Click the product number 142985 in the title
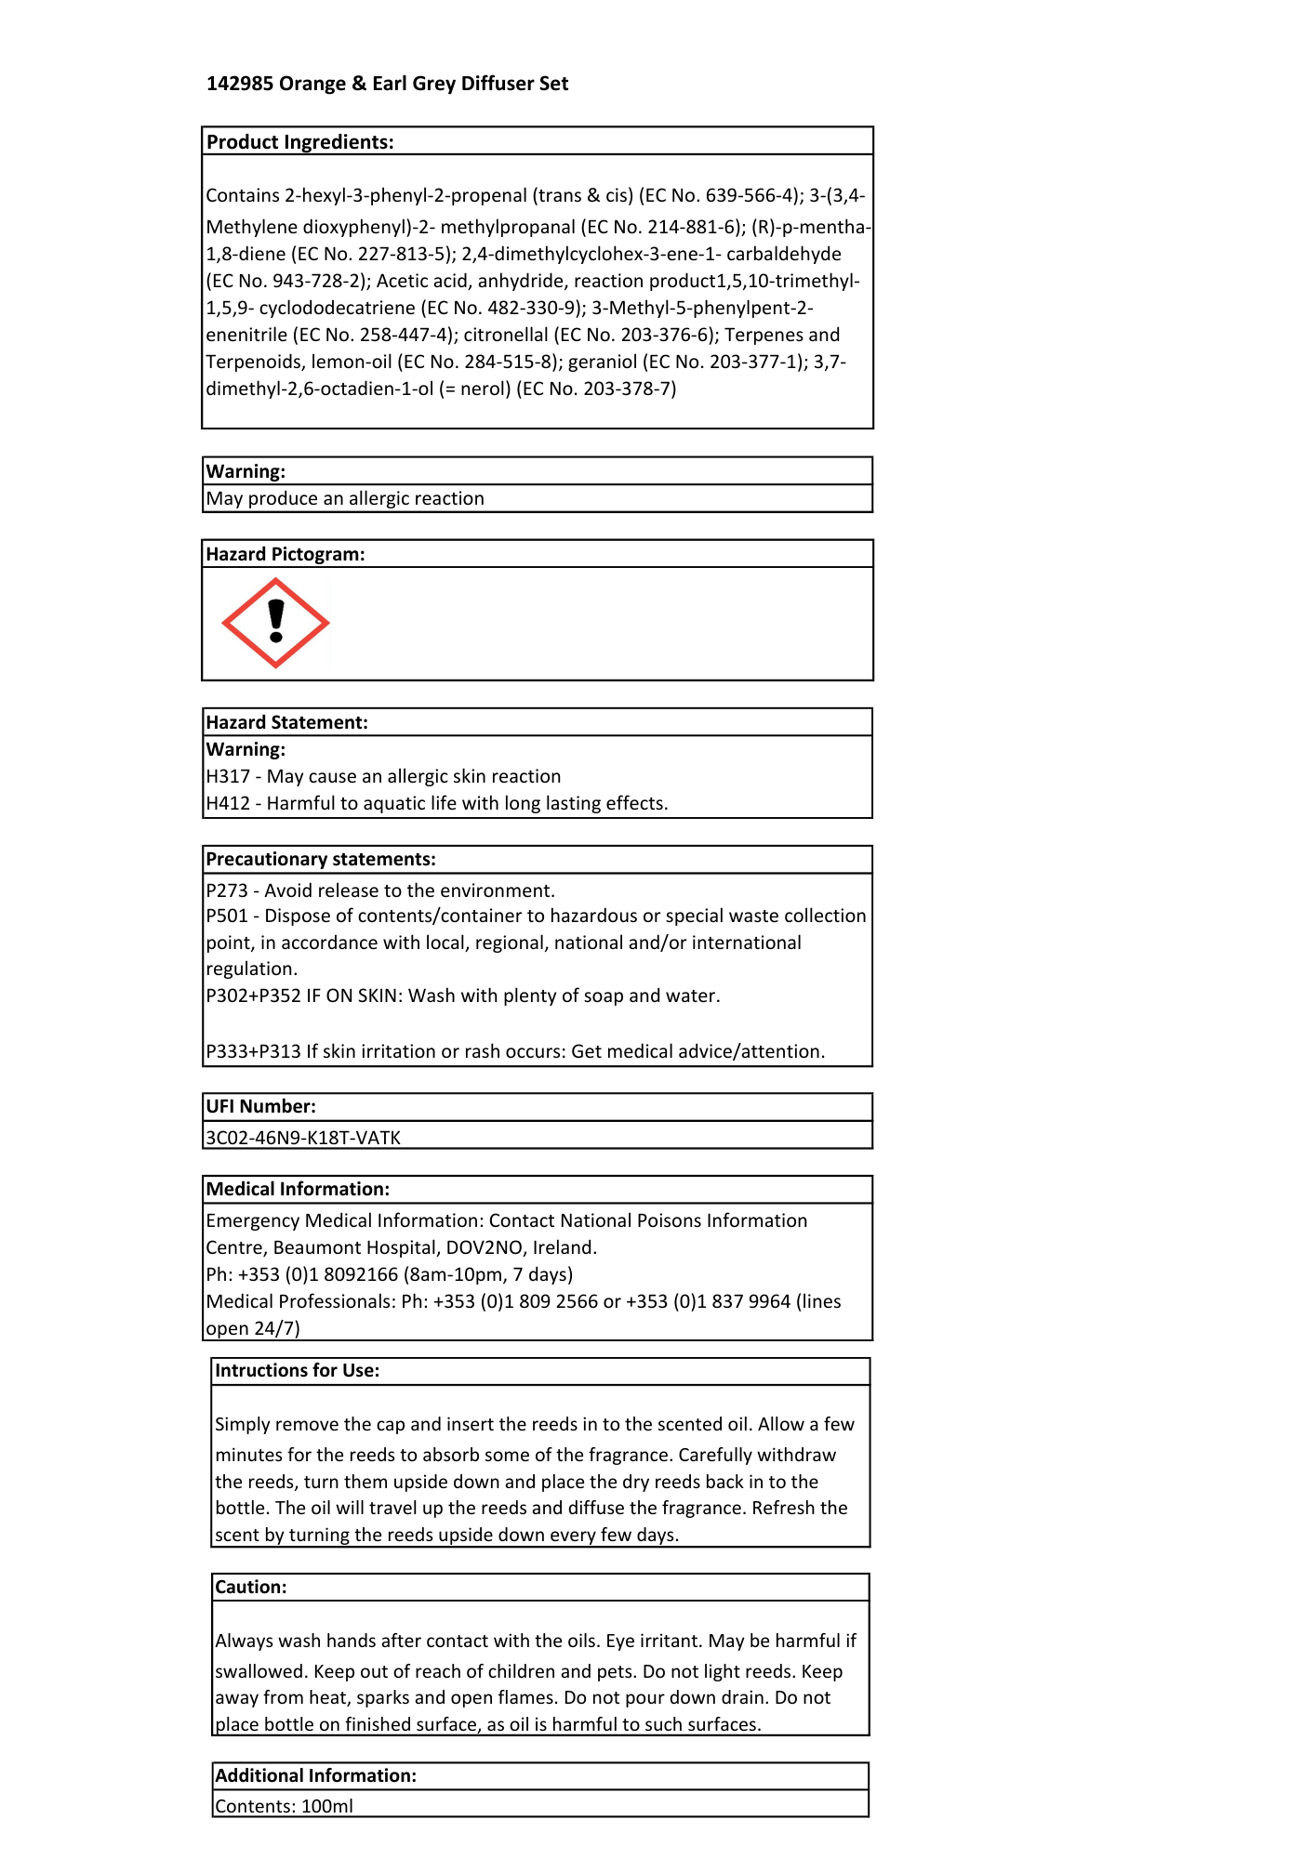tap(240, 84)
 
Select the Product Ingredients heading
tap(299, 142)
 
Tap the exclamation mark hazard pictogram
tap(275, 623)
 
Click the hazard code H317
tap(228, 776)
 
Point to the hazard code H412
tap(228, 803)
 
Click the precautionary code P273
tap(227, 890)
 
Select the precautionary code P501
tap(227, 916)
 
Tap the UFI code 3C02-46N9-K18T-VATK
tap(303, 1138)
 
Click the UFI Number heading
tap(260, 1106)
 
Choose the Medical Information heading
tap(298, 1189)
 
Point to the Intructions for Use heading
tap(297, 1370)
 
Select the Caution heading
tap(251, 1587)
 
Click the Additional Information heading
tap(315, 1775)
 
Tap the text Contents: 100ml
tap(284, 1806)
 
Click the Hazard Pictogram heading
tap(285, 554)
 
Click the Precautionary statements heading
tap(321, 859)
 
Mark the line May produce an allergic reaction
tap(345, 498)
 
